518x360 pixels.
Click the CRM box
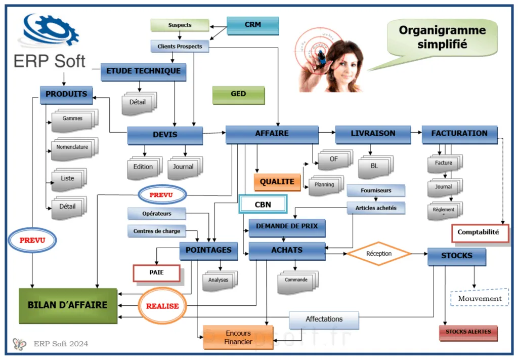(x=252, y=25)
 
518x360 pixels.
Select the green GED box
(x=238, y=95)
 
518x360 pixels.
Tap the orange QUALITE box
(x=277, y=182)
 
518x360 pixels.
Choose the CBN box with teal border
(x=263, y=204)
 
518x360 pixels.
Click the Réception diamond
(x=379, y=254)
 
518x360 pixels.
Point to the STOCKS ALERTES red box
(x=468, y=333)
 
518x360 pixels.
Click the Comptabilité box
(x=480, y=233)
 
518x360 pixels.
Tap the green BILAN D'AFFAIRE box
(x=68, y=305)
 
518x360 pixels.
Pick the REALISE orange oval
(x=162, y=306)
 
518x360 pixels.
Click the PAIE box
(x=156, y=272)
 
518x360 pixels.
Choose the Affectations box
(x=324, y=319)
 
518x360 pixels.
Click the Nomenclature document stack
(x=73, y=148)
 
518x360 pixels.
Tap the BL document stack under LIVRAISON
(x=374, y=166)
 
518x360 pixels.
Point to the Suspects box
(x=180, y=25)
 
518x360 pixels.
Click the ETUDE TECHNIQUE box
(x=144, y=71)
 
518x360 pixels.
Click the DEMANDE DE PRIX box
(x=286, y=226)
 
